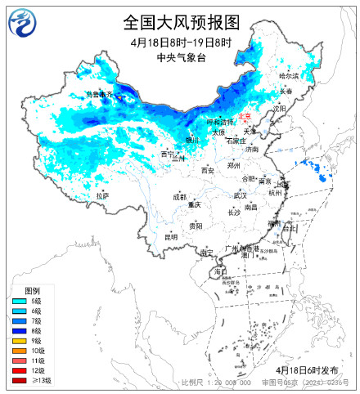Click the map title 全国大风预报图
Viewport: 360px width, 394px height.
(181, 21)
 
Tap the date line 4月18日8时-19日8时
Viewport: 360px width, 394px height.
(181, 42)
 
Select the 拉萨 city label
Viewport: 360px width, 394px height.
(101, 196)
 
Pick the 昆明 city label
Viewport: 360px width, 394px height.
(170, 237)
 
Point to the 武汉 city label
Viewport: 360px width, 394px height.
(240, 196)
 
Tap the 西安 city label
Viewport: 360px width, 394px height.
(208, 171)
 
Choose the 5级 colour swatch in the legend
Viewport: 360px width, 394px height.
(18, 302)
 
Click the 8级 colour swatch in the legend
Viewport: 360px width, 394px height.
(18, 331)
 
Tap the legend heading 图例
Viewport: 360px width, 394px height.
(32, 291)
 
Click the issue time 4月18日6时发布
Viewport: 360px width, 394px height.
(316, 369)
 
